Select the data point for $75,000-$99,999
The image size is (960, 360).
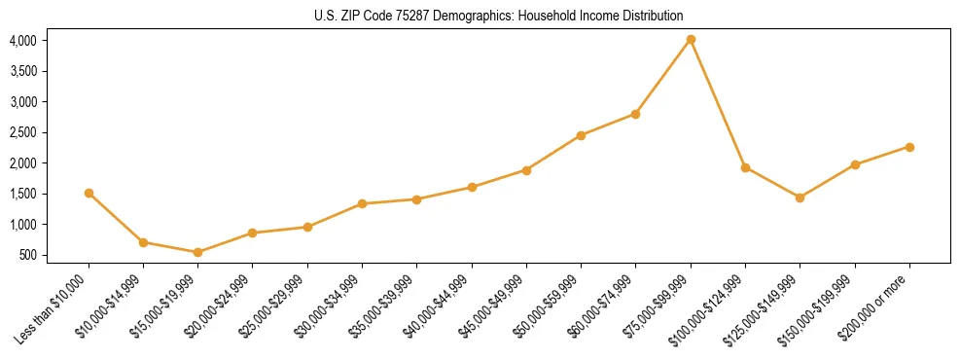[x=691, y=40]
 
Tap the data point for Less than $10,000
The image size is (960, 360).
[x=89, y=193]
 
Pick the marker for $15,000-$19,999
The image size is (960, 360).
[x=197, y=252]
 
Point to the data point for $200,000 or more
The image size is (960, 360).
[x=909, y=147]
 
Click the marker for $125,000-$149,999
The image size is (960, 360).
[x=800, y=198]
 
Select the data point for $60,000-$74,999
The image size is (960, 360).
[x=635, y=114]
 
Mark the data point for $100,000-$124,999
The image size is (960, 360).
[x=745, y=167]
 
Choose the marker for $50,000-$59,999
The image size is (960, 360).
[x=581, y=135]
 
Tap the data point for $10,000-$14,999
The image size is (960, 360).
[x=143, y=242]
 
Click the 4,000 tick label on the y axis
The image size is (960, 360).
[x=22, y=41]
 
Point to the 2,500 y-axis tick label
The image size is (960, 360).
[x=22, y=132]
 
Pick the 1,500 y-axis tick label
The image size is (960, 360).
[x=22, y=194]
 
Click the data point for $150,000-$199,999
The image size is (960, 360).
[x=855, y=164]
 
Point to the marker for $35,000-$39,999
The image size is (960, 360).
[x=416, y=199]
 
